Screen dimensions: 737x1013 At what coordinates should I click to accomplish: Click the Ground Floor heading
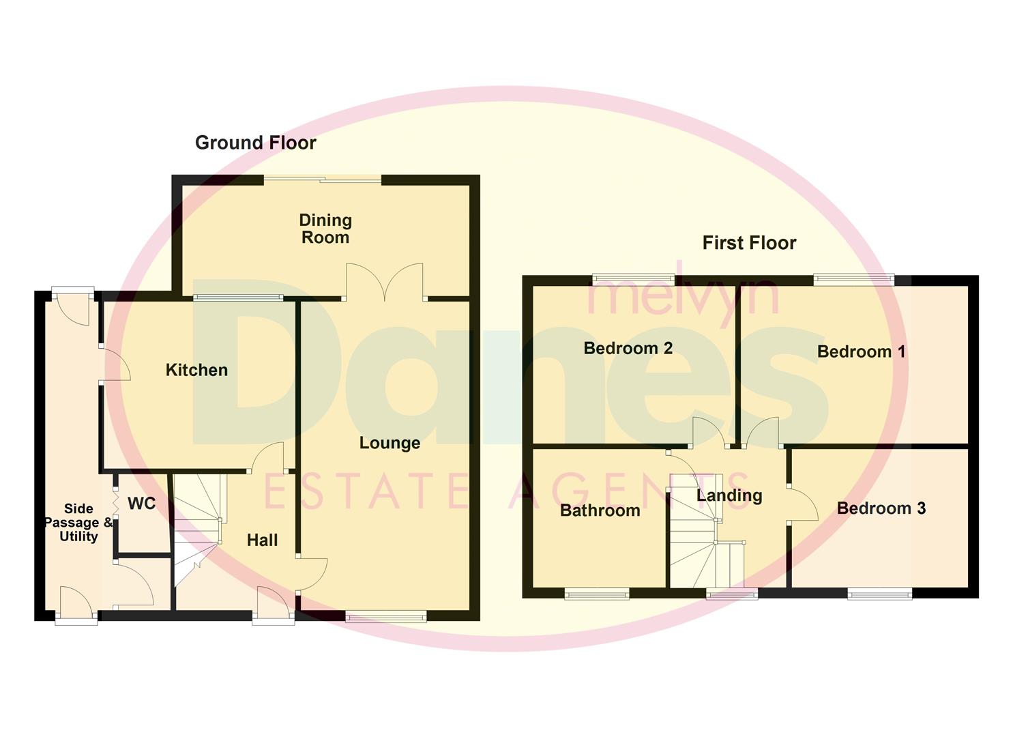point(255,143)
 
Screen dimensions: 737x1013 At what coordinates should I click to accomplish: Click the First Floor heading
point(749,243)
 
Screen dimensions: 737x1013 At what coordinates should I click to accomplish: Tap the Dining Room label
point(325,229)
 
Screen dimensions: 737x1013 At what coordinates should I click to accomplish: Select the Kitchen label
point(196,370)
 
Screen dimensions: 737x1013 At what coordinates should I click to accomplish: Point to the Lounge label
point(390,443)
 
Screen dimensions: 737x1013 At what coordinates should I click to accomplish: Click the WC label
point(141,504)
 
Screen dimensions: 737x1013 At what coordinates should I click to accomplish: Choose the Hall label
point(262,540)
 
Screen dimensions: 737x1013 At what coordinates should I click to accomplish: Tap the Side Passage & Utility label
point(78,523)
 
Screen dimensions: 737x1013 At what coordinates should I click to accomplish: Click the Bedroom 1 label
point(861,351)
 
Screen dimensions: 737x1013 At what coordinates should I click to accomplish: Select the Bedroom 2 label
point(628,348)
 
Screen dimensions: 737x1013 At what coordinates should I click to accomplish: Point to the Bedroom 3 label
point(881,508)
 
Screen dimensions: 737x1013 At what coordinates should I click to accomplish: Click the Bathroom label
point(600,510)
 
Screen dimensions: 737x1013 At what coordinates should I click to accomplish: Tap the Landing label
point(729,495)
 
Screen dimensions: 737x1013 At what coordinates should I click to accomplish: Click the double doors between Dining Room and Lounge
point(385,283)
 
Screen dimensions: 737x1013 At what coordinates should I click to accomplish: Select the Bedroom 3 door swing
point(803,504)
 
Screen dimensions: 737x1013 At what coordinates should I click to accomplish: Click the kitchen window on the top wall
point(238,298)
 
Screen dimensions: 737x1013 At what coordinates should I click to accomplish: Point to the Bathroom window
point(596,594)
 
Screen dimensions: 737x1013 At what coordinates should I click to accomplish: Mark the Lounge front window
point(386,618)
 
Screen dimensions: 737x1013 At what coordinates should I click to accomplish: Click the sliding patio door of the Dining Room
point(323,179)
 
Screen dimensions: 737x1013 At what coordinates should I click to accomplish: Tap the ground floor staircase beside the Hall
point(198,525)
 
